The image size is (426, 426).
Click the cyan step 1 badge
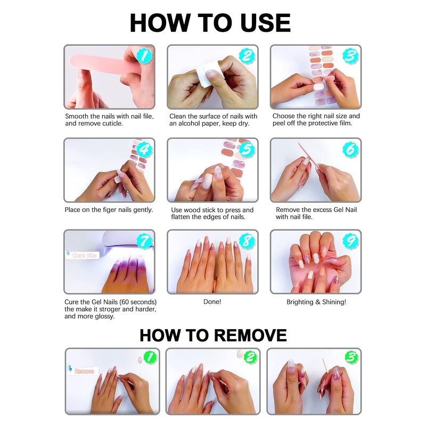144,56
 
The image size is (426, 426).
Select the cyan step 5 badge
247,150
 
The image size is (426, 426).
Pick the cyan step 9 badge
350,241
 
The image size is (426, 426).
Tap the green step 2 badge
250,357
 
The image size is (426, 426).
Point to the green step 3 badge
351,357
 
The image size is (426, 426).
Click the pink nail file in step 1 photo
103,64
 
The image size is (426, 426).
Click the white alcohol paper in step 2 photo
204,77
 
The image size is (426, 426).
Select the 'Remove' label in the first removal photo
84,371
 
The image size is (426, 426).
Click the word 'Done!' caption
212,302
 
